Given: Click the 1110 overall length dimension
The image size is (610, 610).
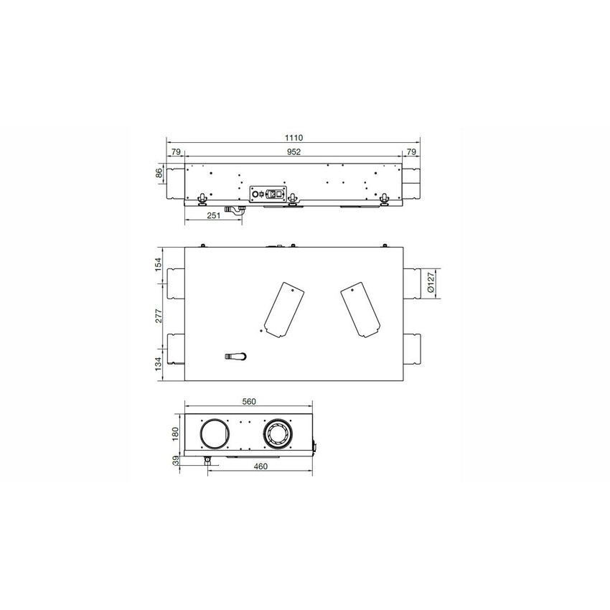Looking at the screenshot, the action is click(x=294, y=138).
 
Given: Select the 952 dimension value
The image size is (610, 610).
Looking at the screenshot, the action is click(x=294, y=151).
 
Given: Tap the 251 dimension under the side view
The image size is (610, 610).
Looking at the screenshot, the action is click(x=214, y=215).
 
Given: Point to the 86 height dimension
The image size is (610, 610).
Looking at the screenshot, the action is click(x=159, y=174).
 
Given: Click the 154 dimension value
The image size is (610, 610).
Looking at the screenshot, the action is click(x=159, y=265).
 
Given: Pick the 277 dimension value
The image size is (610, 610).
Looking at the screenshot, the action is click(x=159, y=316).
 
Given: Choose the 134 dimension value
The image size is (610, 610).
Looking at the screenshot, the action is click(x=159, y=364).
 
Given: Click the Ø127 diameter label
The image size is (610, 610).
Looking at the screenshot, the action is click(x=431, y=283).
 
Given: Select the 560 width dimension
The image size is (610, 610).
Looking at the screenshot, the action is click(x=249, y=401).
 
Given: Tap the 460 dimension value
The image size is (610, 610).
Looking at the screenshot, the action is click(x=261, y=466).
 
